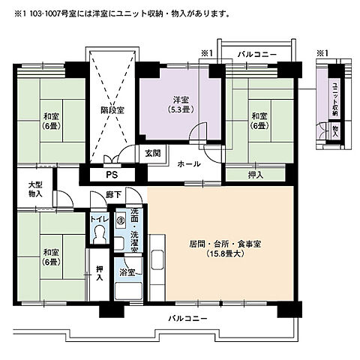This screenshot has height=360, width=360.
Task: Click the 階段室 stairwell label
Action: [112, 109]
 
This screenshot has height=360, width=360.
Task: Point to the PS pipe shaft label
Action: [112, 175]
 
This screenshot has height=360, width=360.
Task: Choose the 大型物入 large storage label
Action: [35, 189]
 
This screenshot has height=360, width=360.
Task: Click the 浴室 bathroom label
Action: [127, 272]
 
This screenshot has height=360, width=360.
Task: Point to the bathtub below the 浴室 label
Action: [128, 291]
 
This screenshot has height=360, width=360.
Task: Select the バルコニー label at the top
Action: [257, 55]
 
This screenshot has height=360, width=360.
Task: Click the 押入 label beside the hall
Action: [255, 175]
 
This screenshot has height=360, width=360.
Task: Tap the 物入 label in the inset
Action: [335, 130]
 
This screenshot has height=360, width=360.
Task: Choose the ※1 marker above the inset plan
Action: [322, 53]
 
